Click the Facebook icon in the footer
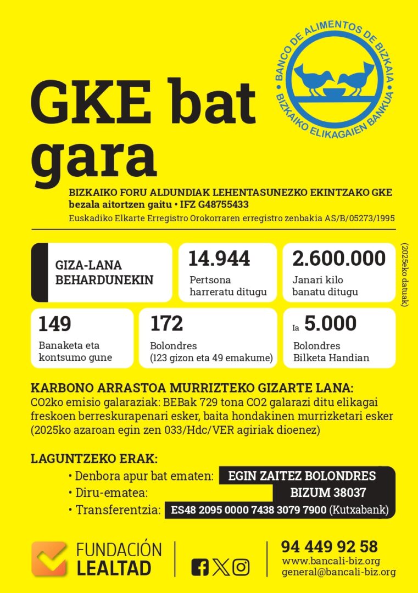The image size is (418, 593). click(x=200, y=567)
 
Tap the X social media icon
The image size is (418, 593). click(x=221, y=567)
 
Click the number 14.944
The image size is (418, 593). click(x=219, y=258)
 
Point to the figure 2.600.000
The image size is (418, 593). click(x=339, y=258)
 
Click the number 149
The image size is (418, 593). click(x=54, y=324)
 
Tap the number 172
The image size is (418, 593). click(x=166, y=324)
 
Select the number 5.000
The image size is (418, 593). click(x=330, y=324)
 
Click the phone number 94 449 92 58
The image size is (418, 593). click(x=330, y=547)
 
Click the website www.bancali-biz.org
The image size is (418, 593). click(x=331, y=561)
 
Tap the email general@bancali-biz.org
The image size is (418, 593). click(x=339, y=572)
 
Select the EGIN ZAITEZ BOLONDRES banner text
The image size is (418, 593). click(x=302, y=475)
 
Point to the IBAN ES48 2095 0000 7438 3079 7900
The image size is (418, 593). click(x=249, y=510)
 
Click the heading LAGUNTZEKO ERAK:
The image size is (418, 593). click(x=94, y=458)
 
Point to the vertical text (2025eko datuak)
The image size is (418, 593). click(x=405, y=274)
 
